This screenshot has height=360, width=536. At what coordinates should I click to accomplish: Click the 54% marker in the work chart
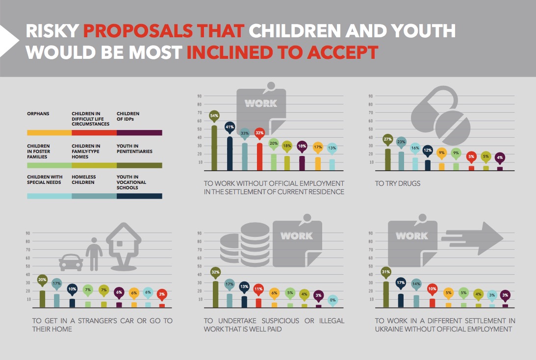click(214, 116)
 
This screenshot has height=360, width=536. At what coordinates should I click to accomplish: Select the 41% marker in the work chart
click(230, 127)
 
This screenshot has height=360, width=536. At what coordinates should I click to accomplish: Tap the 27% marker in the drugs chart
click(387, 139)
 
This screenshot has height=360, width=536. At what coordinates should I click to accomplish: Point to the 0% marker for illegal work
click(333, 300)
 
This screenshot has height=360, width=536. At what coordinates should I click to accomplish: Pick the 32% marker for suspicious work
click(215, 272)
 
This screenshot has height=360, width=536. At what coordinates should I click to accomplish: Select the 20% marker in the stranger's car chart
click(42, 280)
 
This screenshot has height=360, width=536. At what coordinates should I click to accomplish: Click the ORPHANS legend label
click(38, 114)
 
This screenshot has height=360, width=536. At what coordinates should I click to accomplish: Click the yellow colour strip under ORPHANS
click(49, 132)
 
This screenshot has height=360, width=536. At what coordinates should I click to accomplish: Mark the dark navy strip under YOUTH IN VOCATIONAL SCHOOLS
click(139, 196)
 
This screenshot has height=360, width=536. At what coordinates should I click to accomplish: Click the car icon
click(71, 262)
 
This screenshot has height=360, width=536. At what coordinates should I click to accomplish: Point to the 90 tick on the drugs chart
click(371, 96)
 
